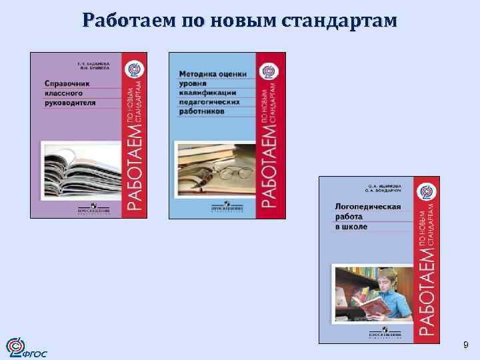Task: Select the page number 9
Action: pos(465,345)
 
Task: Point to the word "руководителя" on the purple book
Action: pos(70,103)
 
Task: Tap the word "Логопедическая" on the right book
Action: pos(368,207)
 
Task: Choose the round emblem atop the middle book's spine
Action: pos(270,69)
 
